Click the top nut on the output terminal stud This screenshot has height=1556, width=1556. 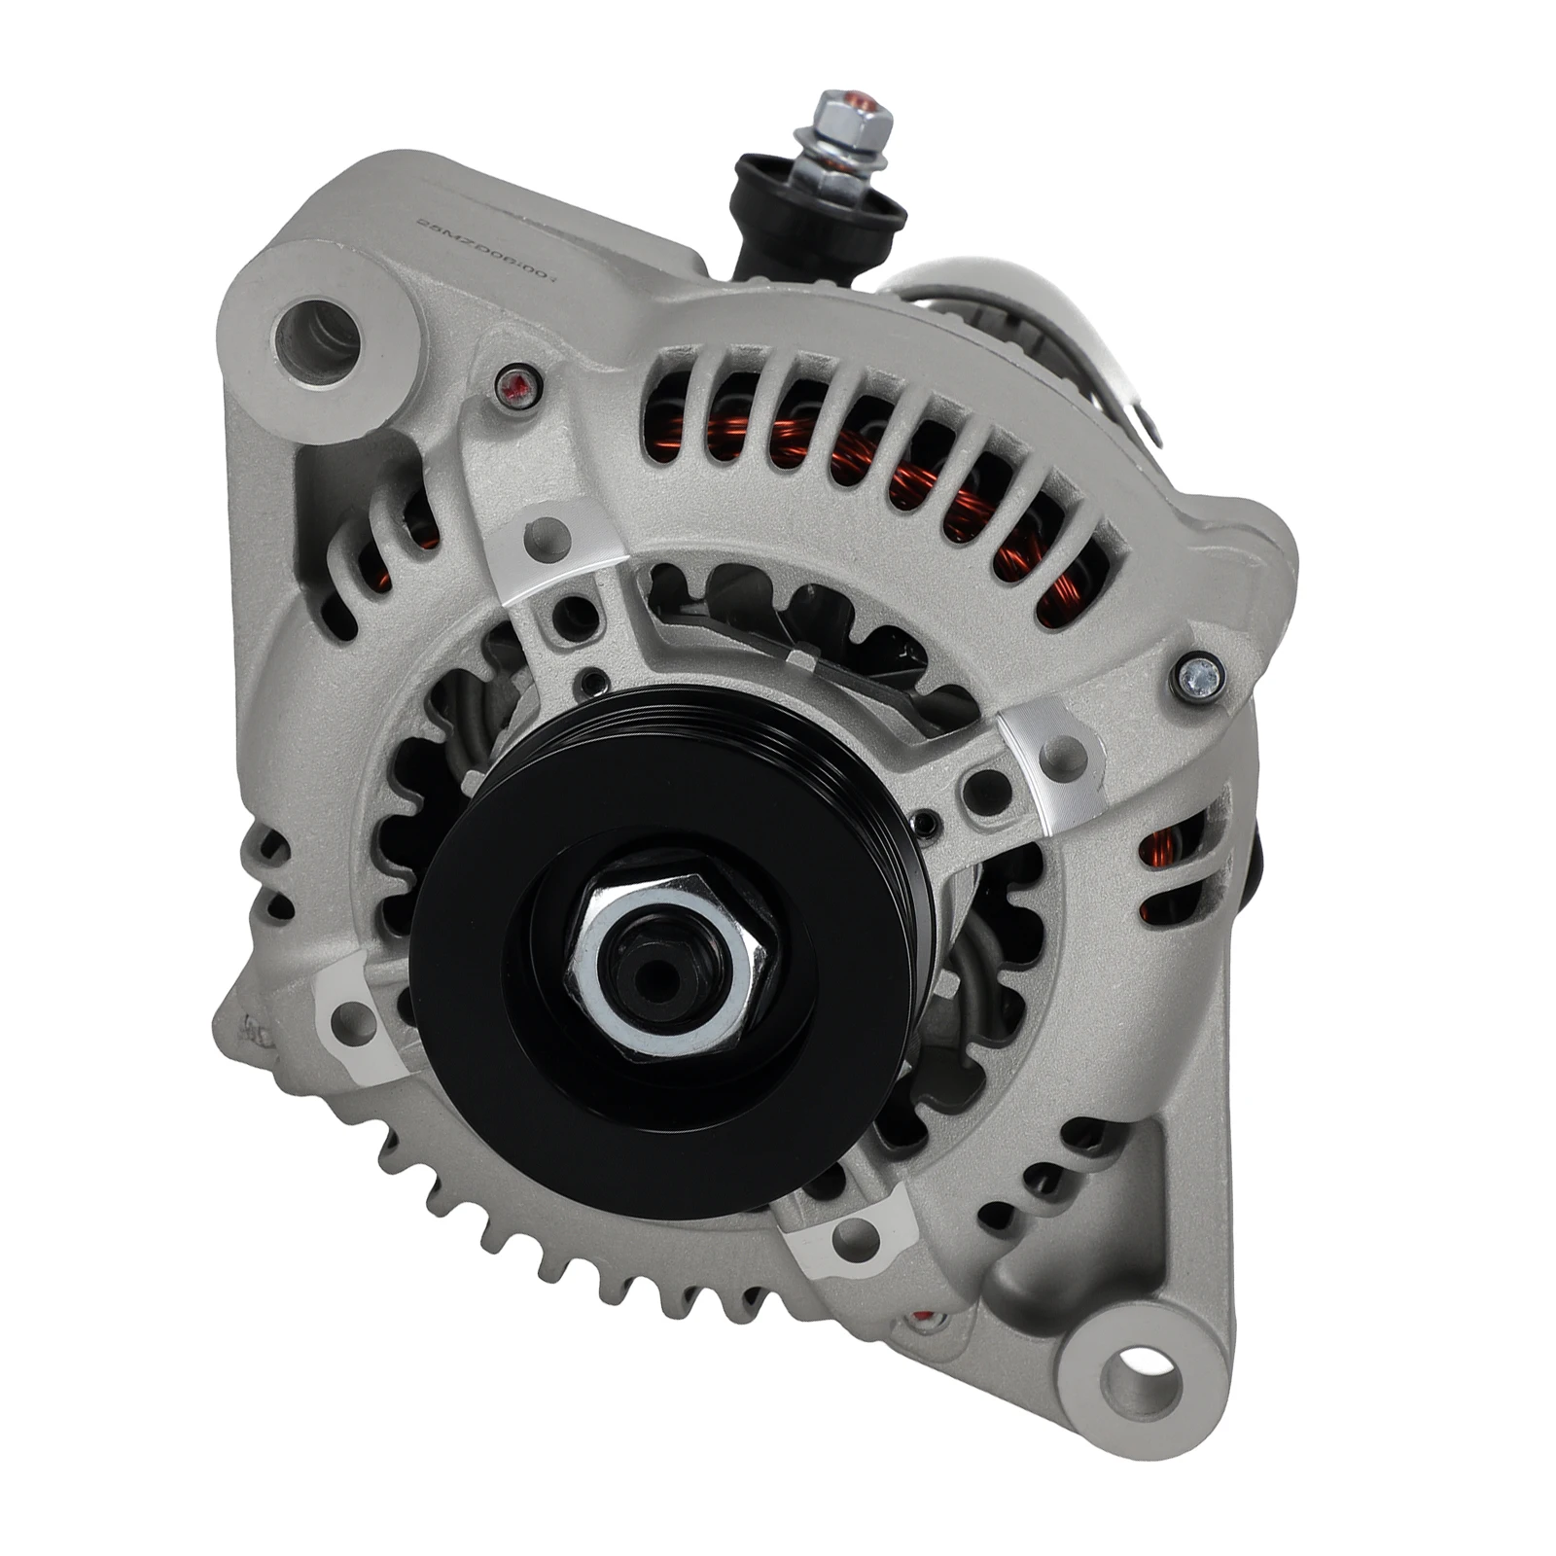[x=853, y=116]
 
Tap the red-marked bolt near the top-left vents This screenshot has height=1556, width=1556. [x=516, y=389]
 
